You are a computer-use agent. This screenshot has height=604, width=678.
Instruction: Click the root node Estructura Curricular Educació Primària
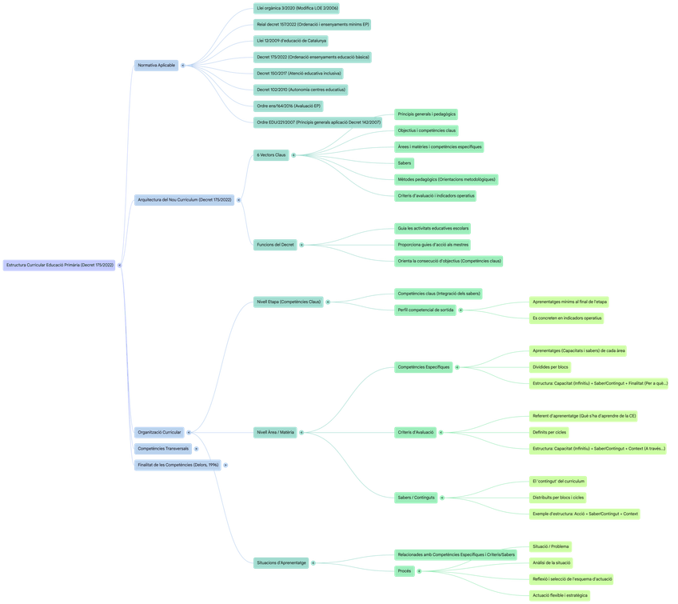(x=60, y=265)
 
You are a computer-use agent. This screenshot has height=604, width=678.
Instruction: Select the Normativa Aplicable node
(x=156, y=64)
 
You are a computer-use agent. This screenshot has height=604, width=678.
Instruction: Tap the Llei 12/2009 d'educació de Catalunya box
(x=291, y=40)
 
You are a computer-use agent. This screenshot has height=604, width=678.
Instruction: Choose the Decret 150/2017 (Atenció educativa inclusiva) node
(x=299, y=74)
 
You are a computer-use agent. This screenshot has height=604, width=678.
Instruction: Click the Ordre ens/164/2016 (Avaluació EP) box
(x=289, y=106)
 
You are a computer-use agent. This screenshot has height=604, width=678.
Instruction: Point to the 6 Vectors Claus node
(x=271, y=154)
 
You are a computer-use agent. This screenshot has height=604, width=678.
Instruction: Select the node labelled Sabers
(x=405, y=163)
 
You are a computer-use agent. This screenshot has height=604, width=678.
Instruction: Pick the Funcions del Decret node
(x=276, y=244)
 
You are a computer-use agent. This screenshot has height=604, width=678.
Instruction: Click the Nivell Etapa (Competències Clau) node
(x=288, y=302)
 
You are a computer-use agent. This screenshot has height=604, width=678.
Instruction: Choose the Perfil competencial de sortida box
(x=425, y=310)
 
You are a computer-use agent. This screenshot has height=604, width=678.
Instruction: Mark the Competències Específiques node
(x=424, y=367)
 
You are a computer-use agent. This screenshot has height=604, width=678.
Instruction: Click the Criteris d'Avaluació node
(x=416, y=432)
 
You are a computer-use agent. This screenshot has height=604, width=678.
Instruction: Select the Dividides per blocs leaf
(x=551, y=367)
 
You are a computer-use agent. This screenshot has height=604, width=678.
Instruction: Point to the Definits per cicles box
(x=550, y=432)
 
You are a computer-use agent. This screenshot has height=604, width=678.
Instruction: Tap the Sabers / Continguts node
(x=417, y=498)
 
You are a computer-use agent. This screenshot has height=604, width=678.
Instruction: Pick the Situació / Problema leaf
(x=551, y=546)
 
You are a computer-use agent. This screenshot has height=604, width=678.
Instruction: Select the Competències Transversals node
(x=163, y=448)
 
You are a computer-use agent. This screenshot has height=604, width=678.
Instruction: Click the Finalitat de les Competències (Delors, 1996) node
(x=177, y=464)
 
